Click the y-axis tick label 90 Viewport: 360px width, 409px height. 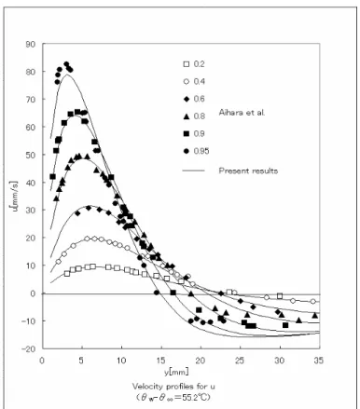(x=31, y=44)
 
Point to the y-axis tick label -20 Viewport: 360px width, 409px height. (x=28, y=348)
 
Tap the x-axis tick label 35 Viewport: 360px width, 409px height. (x=319, y=361)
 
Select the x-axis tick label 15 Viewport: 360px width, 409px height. (x=160, y=361)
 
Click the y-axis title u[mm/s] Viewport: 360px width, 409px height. (x=15, y=198)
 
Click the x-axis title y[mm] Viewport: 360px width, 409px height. (x=176, y=372)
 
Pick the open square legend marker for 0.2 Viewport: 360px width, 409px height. (x=187, y=64)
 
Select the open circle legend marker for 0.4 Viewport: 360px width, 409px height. (x=187, y=82)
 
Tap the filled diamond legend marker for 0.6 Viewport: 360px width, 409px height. (x=187, y=99)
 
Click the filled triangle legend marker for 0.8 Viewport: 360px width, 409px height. (x=187, y=116)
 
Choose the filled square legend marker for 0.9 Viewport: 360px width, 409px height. (x=187, y=133)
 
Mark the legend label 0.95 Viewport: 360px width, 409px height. (x=201, y=151)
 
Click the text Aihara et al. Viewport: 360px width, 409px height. (x=242, y=113)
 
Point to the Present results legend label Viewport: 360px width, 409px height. (x=248, y=170)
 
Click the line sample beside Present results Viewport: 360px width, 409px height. (x=193, y=170)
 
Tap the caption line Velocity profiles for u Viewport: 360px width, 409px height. (x=173, y=387)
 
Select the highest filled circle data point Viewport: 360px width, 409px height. (x=66, y=64)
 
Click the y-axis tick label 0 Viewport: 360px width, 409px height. (x=34, y=293)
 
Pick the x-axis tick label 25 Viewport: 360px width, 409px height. (x=240, y=361)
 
